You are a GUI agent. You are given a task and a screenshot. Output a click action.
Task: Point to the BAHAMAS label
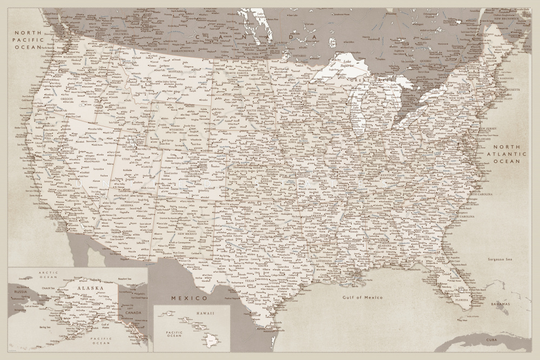coord(500,304)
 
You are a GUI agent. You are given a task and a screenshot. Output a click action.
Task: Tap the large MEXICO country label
coord(190,298)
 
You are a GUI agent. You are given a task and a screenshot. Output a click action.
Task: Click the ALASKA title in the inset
coord(90,289)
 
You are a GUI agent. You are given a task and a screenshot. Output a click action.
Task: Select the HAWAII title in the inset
coord(205,313)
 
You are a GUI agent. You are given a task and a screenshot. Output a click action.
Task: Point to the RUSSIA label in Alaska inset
coord(20,292)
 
